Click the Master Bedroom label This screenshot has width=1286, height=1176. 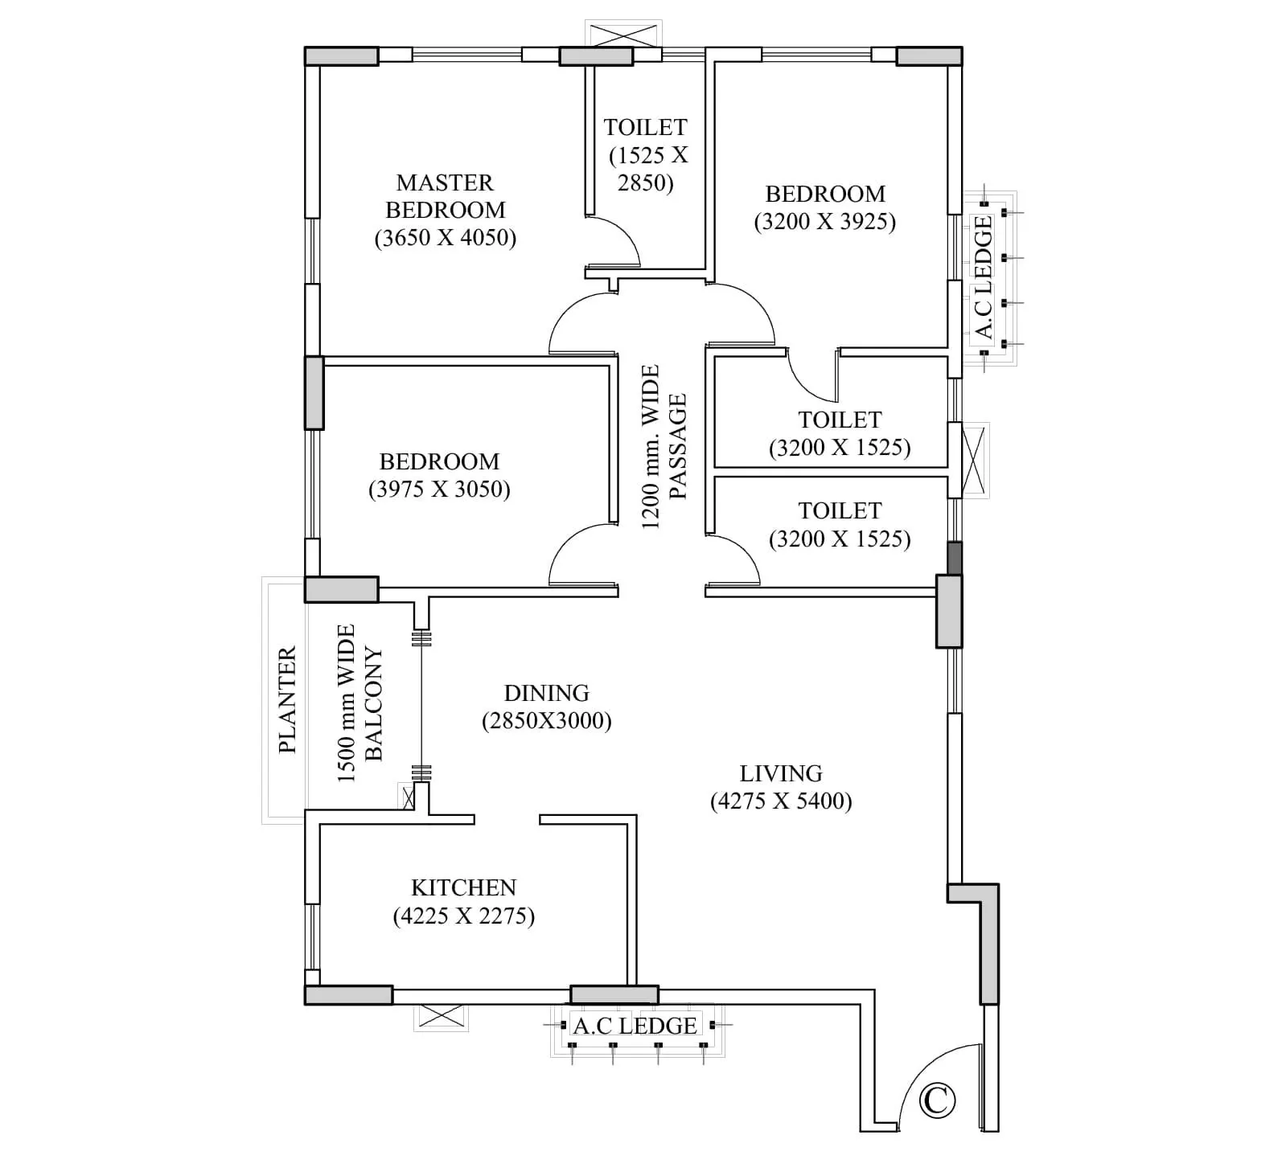[x=445, y=196]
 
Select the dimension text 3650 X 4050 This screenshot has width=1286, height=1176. [x=445, y=238]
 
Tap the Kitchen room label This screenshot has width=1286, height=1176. [x=463, y=887]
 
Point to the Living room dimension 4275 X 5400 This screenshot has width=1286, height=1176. [x=780, y=801]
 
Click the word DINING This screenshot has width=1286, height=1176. [x=546, y=693]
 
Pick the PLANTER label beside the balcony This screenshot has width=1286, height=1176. [x=287, y=699]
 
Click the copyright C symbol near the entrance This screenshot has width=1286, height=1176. [x=936, y=1100]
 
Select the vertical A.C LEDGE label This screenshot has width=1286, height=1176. [x=983, y=277]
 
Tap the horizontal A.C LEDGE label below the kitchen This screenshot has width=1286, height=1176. [x=635, y=1026]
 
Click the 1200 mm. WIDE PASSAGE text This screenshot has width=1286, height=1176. [x=664, y=447]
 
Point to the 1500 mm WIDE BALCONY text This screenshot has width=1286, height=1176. [x=360, y=703]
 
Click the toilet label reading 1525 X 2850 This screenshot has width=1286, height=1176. [x=647, y=155]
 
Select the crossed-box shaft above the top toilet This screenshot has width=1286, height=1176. [x=625, y=36]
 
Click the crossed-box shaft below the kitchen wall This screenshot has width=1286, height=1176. [x=441, y=1017]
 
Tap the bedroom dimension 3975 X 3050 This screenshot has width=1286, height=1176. [x=439, y=490]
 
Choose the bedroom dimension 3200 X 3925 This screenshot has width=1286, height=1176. [x=824, y=222]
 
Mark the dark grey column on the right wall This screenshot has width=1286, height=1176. [x=954, y=558]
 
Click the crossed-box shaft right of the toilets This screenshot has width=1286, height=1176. [x=973, y=460]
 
